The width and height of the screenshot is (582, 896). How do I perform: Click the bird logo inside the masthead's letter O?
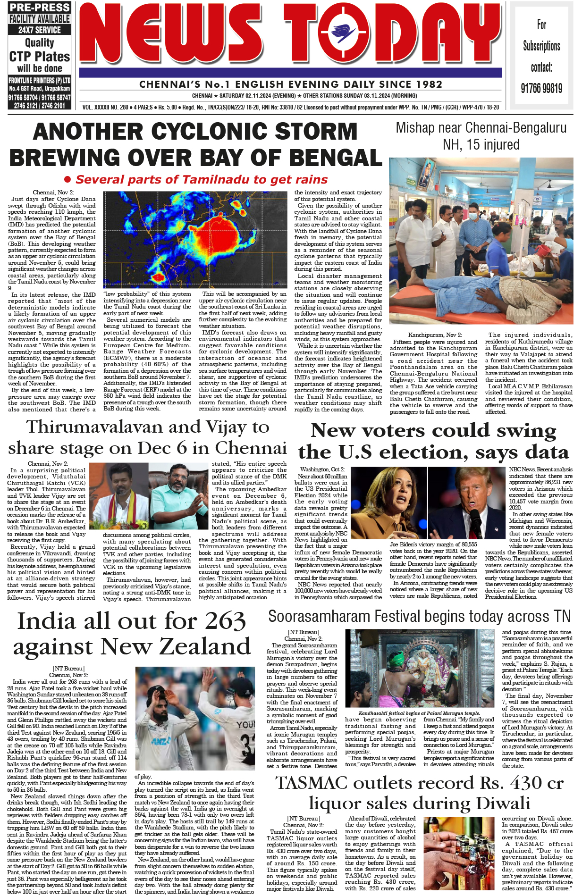point(343,33)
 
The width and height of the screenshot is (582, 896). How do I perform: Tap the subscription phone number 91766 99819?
point(541,88)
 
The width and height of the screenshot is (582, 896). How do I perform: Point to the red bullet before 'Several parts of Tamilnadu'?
point(67,180)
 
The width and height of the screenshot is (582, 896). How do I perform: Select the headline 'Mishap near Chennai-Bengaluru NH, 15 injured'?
point(481,136)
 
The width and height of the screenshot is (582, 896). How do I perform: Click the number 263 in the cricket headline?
point(221,621)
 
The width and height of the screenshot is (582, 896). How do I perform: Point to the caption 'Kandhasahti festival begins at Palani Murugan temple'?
point(419,713)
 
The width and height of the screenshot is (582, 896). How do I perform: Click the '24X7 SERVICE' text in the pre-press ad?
point(40,30)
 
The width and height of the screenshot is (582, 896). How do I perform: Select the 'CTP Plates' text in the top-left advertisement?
point(40,57)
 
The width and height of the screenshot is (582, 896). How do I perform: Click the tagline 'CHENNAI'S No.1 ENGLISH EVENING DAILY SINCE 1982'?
point(291,84)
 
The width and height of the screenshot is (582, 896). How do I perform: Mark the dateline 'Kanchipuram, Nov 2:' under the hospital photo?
point(432,335)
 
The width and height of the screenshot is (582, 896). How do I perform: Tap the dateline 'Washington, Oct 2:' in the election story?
point(322,469)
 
